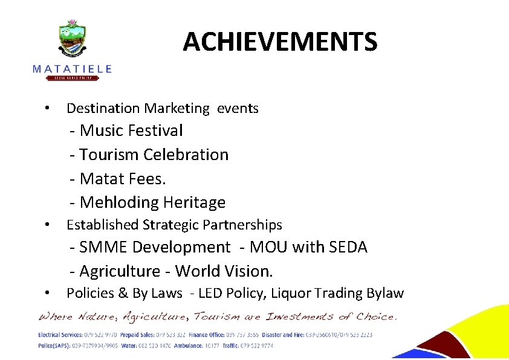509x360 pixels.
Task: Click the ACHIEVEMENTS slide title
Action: (x=280, y=42)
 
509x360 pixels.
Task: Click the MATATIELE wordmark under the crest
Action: (x=72, y=69)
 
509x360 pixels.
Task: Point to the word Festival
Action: (x=154, y=130)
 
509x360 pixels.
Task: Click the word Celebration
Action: (x=186, y=155)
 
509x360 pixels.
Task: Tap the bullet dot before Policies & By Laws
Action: (x=47, y=293)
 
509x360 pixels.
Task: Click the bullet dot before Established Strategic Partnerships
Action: (x=47, y=225)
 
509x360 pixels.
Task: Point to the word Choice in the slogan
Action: (x=376, y=317)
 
